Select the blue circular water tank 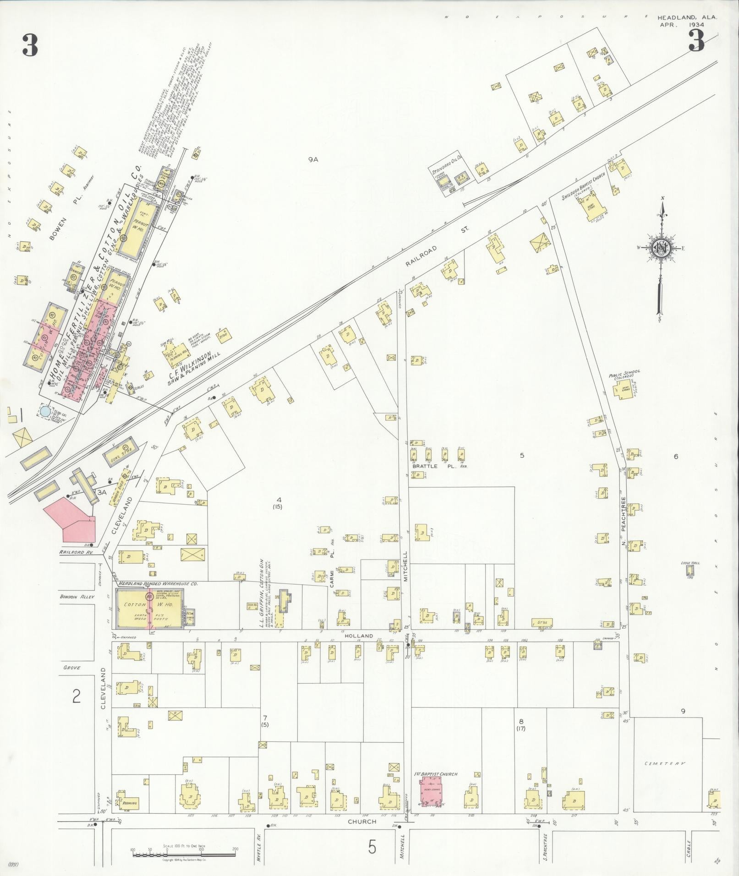pyautogui.click(x=45, y=411)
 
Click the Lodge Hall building pyautogui.click(x=690, y=570)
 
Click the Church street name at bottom pyautogui.click(x=361, y=821)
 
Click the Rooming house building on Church pyautogui.click(x=129, y=803)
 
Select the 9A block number pyautogui.click(x=313, y=160)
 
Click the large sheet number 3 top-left pyautogui.click(x=29, y=45)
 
